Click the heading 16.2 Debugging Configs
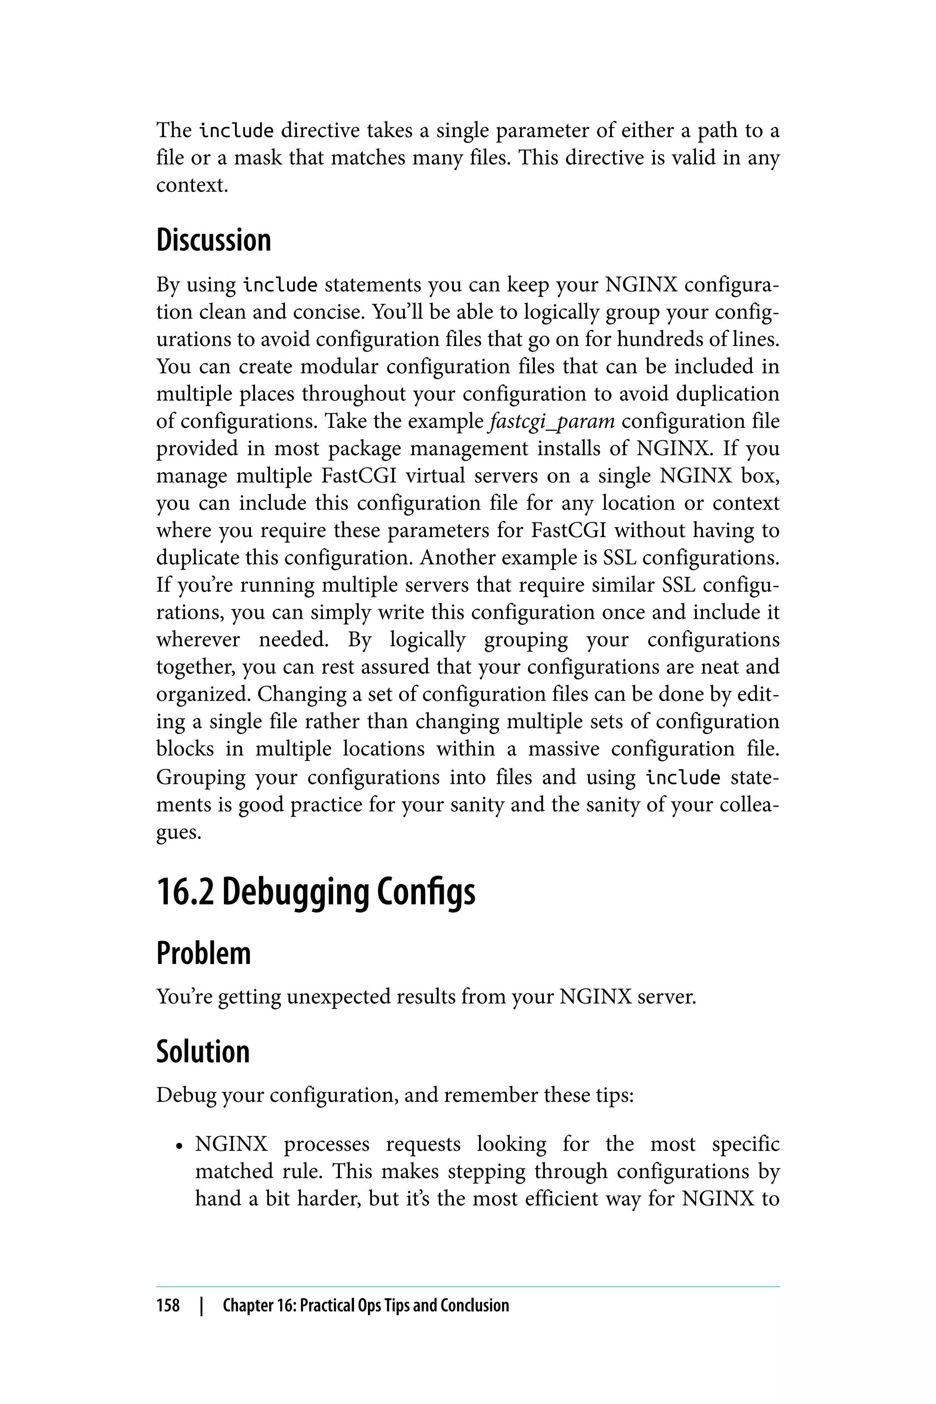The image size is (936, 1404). (x=315, y=893)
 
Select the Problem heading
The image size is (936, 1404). (x=203, y=953)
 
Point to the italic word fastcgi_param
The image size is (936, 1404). (x=552, y=421)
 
